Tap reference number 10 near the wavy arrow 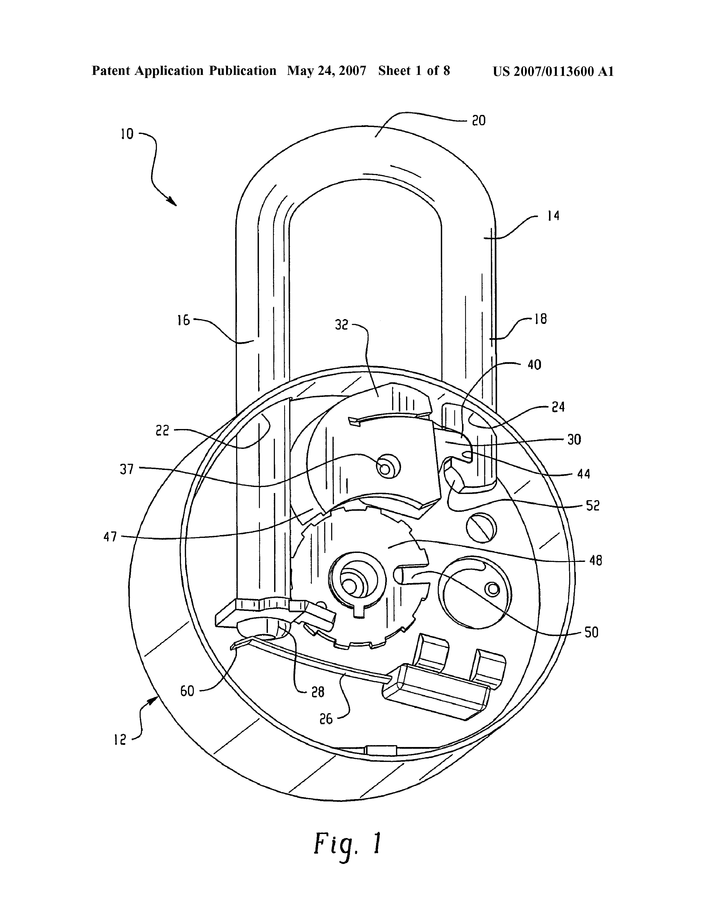click(127, 134)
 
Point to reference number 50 click(591, 633)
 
